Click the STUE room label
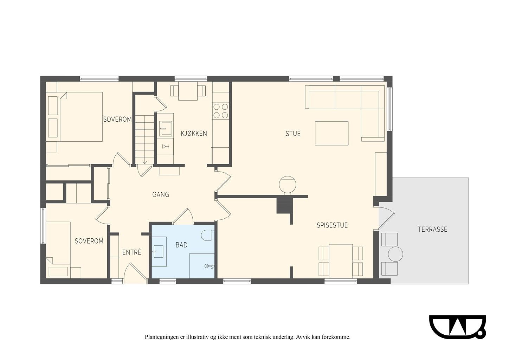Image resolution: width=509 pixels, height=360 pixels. click(293, 133)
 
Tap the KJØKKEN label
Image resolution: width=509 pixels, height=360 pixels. click(194, 133)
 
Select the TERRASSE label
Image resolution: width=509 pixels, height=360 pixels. click(433, 229)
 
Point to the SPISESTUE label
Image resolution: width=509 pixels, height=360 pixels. click(332, 225)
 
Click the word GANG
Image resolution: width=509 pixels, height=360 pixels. click(161, 194)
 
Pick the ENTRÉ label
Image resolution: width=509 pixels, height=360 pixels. click(132, 252)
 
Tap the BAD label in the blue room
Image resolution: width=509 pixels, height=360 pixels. click(181, 245)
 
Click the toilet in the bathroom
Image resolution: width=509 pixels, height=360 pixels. click(208, 235)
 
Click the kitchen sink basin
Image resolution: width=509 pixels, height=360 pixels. click(166, 128)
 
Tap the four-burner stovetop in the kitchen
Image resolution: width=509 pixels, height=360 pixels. click(221, 111)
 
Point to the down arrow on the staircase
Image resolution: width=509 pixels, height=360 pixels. click(144, 161)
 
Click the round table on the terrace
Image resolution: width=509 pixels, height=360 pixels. click(395, 254)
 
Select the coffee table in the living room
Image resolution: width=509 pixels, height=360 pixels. click(331, 133)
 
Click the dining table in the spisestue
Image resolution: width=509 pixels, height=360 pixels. click(341, 261)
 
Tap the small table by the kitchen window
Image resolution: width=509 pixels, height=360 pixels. click(188, 91)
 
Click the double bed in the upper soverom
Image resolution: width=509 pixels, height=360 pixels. click(76, 117)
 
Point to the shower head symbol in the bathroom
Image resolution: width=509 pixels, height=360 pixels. click(209, 266)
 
